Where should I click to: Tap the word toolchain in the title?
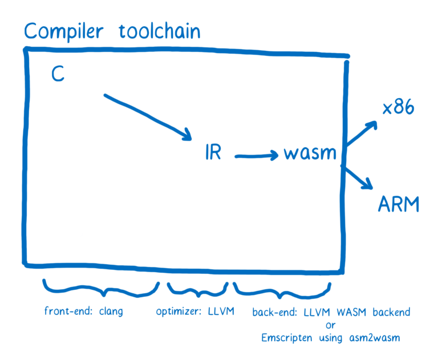tap(160, 31)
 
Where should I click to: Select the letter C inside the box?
tap(58, 74)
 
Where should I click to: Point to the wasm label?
tap(311, 153)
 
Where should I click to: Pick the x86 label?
tap(399, 108)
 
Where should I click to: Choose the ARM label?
tap(398, 203)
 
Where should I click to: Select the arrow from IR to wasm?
tap(257, 154)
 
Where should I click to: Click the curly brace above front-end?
tap(102, 289)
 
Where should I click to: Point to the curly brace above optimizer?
tap(197, 290)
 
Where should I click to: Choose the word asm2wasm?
tap(375, 337)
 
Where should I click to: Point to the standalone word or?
tap(331, 325)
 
